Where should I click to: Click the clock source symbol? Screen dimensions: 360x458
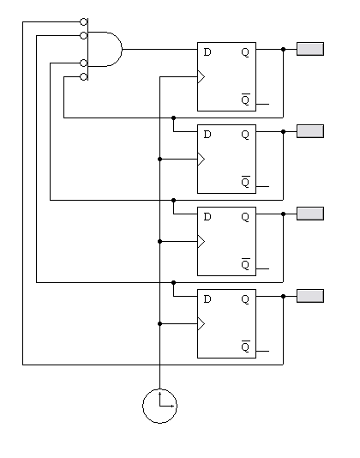[x=159, y=406]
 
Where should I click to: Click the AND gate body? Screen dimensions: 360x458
[x=105, y=49]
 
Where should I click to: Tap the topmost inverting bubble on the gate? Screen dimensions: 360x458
[x=83, y=22]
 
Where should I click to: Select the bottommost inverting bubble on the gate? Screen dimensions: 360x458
[x=83, y=77]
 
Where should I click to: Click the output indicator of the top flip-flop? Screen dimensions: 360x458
[x=310, y=49]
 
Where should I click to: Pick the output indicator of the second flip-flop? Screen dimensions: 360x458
[x=310, y=131]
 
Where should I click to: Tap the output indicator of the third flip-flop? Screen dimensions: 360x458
[x=310, y=214]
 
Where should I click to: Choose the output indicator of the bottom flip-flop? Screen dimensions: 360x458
[x=310, y=296]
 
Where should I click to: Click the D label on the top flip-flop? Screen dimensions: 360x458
[x=207, y=52]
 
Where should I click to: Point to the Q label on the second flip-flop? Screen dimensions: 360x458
[x=245, y=135]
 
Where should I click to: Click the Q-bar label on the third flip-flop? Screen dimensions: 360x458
[x=245, y=264]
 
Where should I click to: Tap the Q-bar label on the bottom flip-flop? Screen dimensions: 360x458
[x=245, y=347]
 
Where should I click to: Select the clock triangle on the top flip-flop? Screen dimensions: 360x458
[x=201, y=77]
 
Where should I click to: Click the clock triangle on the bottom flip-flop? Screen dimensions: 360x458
[x=201, y=323]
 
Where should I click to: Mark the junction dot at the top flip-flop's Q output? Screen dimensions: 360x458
[x=283, y=49]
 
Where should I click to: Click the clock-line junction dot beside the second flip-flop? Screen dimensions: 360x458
[x=159, y=159]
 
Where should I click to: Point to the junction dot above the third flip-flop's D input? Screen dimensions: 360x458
[x=173, y=201]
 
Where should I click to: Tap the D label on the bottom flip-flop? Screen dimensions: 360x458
[x=207, y=298]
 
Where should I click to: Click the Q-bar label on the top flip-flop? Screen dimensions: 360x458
[x=245, y=99]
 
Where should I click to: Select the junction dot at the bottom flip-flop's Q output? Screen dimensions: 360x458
[x=283, y=296]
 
